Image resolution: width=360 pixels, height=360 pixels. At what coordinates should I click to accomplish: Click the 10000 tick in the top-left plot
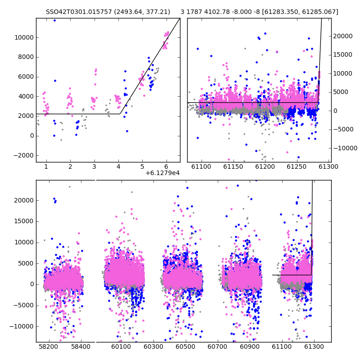click(x=24, y=37)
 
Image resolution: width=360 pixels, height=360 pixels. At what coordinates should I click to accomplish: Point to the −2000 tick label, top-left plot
click(x=24, y=155)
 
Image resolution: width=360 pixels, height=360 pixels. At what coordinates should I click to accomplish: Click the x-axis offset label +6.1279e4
click(x=162, y=173)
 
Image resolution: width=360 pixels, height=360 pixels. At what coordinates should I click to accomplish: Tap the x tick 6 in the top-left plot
click(x=166, y=166)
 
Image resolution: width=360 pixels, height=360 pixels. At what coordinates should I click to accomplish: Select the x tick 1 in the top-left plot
click(x=46, y=166)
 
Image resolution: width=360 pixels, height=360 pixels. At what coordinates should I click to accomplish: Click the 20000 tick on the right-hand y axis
click(x=343, y=36)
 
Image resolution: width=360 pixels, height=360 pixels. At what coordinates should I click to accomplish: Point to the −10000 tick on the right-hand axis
click(x=345, y=148)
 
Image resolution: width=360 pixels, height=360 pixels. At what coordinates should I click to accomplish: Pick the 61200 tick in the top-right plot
click(x=265, y=166)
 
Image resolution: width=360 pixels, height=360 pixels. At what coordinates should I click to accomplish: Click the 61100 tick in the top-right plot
click(x=201, y=166)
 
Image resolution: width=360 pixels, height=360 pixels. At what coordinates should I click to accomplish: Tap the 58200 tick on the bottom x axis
click(x=48, y=346)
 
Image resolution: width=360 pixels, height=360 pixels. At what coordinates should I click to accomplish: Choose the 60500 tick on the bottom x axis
click(x=185, y=346)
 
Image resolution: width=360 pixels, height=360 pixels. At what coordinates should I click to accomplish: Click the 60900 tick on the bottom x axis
click(x=250, y=346)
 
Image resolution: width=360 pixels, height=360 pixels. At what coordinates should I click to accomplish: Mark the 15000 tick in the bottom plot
click(x=24, y=221)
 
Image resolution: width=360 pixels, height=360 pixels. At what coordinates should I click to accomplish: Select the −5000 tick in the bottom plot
click(x=24, y=306)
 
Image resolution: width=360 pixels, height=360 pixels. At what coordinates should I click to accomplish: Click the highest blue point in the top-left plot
click(x=54, y=21)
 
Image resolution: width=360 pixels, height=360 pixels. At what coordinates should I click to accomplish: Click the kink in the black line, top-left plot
click(x=120, y=114)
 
